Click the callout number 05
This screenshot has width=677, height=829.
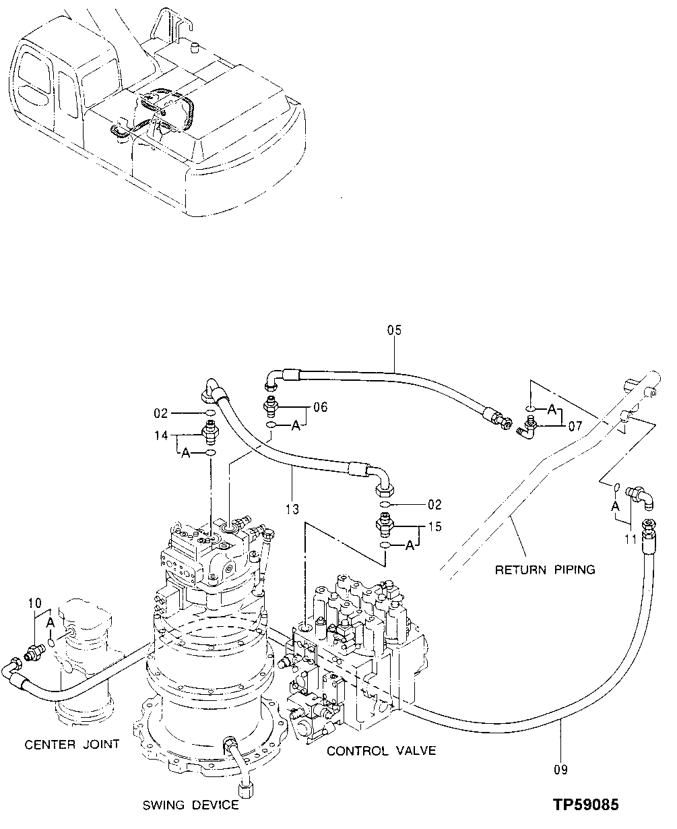tap(394, 330)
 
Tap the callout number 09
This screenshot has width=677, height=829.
tap(560, 769)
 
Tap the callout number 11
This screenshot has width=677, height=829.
tap(631, 539)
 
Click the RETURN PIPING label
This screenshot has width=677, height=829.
tap(545, 570)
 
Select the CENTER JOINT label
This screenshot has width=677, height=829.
tap(72, 744)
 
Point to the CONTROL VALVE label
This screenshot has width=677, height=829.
tap(381, 751)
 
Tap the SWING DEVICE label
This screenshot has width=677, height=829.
tap(190, 805)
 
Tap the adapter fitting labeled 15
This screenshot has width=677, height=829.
tap(385, 524)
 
